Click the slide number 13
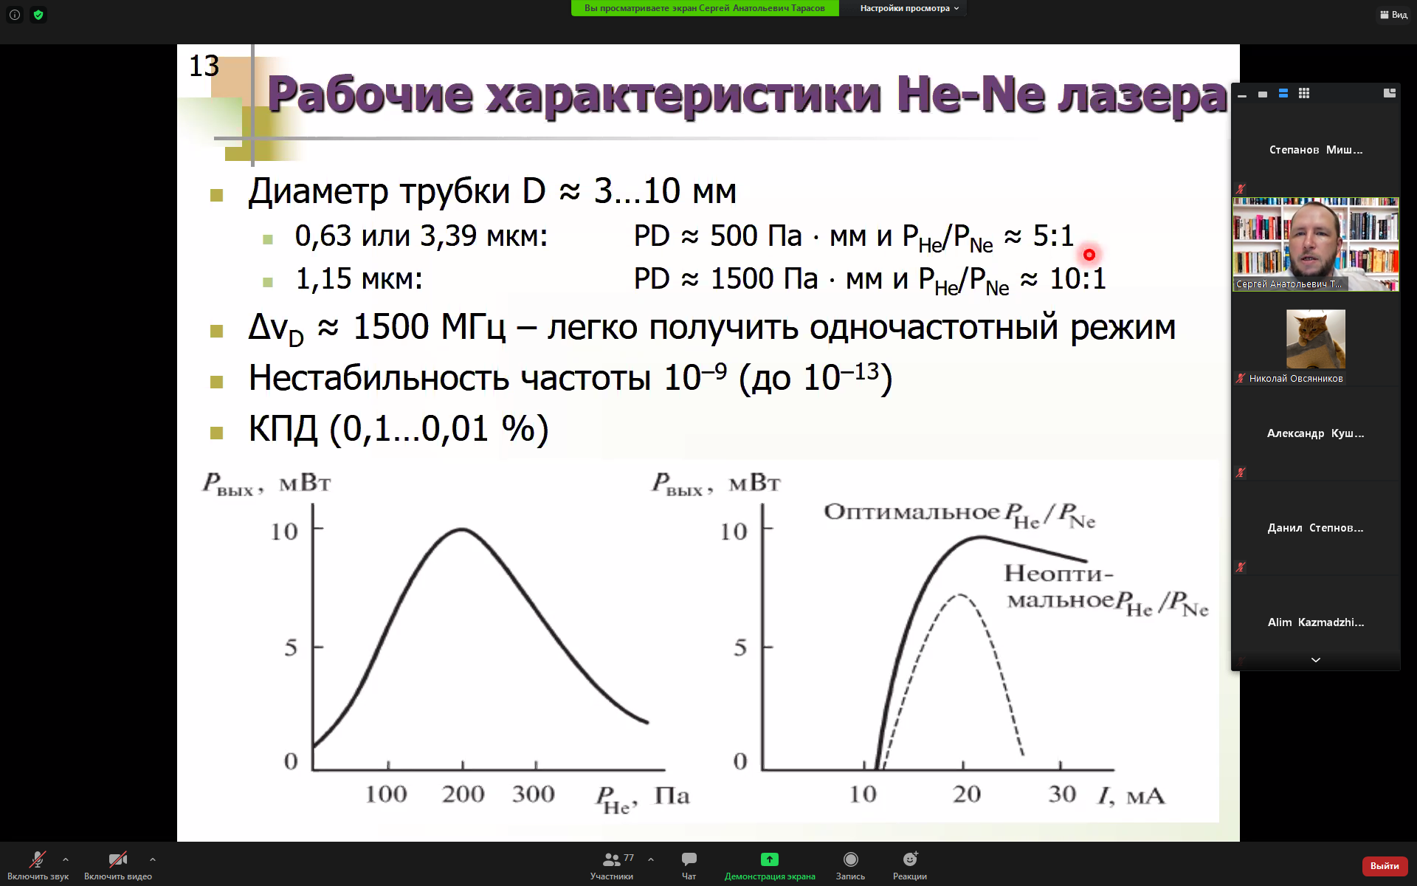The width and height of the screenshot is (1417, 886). (x=204, y=66)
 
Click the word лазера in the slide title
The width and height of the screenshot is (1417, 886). (x=1142, y=96)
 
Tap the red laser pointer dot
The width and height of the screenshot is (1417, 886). (x=1089, y=255)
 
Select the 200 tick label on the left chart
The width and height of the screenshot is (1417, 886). (x=463, y=794)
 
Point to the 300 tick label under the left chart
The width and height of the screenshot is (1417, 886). (x=533, y=794)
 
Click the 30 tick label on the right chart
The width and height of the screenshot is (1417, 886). (x=1062, y=794)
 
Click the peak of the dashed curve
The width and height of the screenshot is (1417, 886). (x=959, y=594)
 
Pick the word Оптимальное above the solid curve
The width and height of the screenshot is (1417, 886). (x=911, y=512)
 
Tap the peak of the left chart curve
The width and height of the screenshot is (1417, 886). (x=461, y=529)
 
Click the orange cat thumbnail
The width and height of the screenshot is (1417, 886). (x=1315, y=339)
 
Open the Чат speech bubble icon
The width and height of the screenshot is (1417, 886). (x=689, y=859)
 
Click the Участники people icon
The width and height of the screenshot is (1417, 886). (x=611, y=859)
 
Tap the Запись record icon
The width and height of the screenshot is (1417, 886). (x=850, y=859)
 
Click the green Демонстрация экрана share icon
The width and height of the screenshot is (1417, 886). (x=770, y=859)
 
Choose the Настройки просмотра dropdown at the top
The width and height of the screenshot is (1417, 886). (x=909, y=8)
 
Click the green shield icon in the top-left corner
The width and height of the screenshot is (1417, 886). (x=38, y=15)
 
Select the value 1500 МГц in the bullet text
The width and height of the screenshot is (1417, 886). (x=430, y=327)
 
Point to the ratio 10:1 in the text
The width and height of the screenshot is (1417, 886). (x=1078, y=279)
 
